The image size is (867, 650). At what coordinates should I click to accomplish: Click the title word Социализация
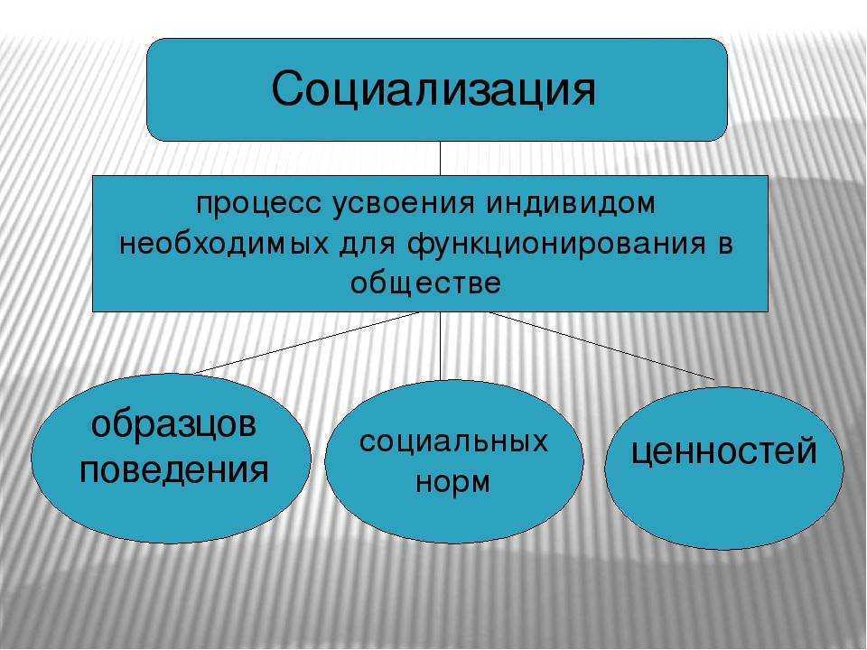pyautogui.click(x=433, y=89)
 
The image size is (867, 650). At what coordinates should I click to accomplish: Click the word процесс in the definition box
pyautogui.click(x=259, y=205)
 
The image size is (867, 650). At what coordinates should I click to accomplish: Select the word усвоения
pyautogui.click(x=404, y=205)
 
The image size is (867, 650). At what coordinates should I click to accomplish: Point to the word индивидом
pyautogui.click(x=571, y=204)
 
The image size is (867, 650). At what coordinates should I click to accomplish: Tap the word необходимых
pyautogui.click(x=223, y=244)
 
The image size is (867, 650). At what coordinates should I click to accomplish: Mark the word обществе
pyautogui.click(x=425, y=283)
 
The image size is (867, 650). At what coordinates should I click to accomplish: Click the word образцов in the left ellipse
pyautogui.click(x=173, y=426)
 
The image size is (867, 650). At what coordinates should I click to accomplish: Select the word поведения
pyautogui.click(x=174, y=471)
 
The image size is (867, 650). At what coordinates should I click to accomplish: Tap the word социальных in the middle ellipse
pyautogui.click(x=453, y=441)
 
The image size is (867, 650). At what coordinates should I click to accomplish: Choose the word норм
pyautogui.click(x=452, y=482)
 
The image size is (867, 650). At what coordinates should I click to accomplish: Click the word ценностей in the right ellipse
pyautogui.click(x=723, y=451)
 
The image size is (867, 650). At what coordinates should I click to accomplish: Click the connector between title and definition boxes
pyautogui.click(x=440, y=158)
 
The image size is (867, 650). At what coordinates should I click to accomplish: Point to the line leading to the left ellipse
pyautogui.click(x=306, y=343)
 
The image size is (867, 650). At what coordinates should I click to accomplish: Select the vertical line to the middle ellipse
pyautogui.click(x=441, y=346)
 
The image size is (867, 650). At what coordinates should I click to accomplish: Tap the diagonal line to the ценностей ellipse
pyautogui.click(x=601, y=346)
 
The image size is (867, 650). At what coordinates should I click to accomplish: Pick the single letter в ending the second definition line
pyautogui.click(x=725, y=245)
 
